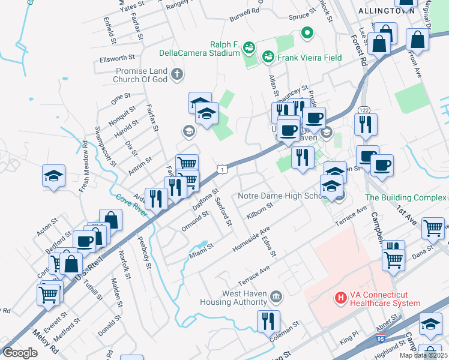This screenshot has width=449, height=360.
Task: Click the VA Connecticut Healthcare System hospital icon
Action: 341,297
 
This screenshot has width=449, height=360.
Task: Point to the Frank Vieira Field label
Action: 309,58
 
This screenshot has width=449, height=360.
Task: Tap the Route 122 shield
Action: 364,109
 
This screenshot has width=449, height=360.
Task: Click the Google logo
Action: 20,352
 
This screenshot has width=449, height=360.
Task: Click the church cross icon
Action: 176,75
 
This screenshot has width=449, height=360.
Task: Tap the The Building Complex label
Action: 406,197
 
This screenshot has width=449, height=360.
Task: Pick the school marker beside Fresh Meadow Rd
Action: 53,176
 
